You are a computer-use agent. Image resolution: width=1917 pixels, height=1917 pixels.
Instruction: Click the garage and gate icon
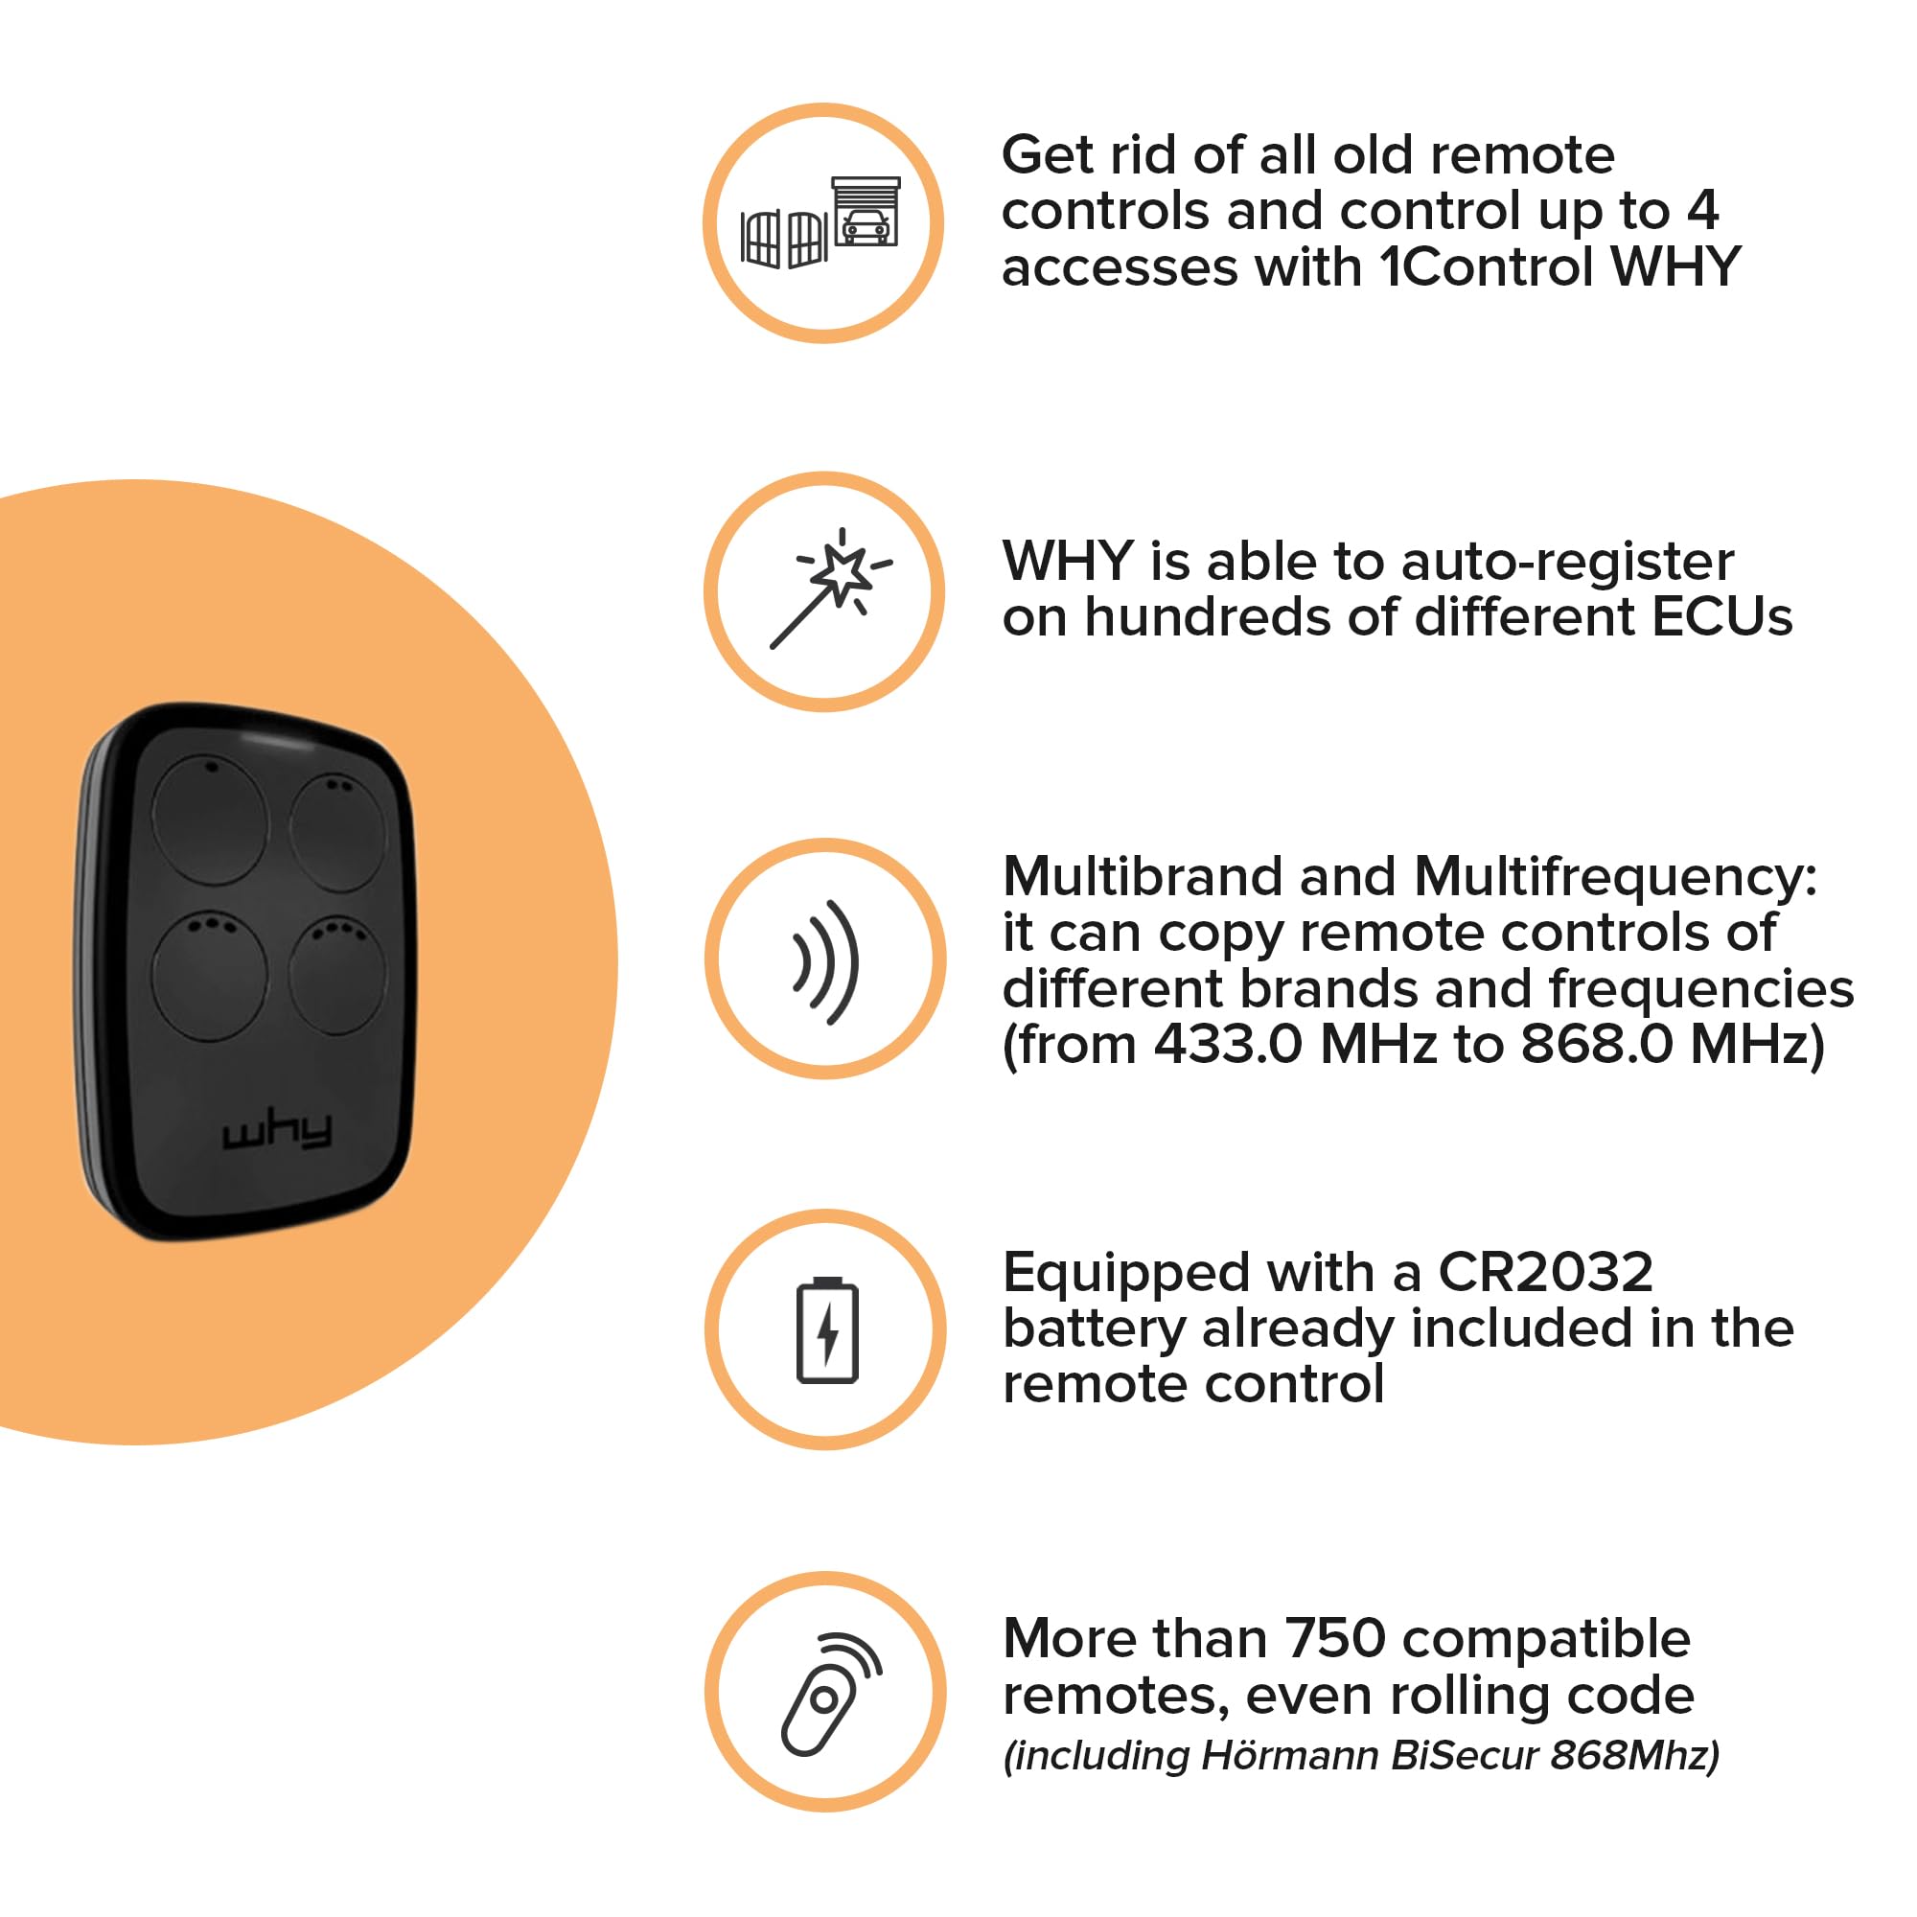pyautogui.click(x=820, y=223)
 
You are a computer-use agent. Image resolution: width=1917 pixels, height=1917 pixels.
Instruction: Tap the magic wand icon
pyautogui.click(x=830, y=589)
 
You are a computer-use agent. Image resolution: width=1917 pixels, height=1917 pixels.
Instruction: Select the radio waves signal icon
pyautogui.click(x=825, y=961)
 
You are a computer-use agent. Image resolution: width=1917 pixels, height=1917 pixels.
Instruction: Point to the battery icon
pyautogui.click(x=827, y=1329)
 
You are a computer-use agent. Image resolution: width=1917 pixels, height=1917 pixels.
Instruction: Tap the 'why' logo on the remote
pyautogui.click(x=277, y=1132)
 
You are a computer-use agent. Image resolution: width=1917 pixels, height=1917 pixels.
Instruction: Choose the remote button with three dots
pyautogui.click(x=209, y=976)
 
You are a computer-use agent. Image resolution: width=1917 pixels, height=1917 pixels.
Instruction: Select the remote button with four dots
pyautogui.click(x=337, y=976)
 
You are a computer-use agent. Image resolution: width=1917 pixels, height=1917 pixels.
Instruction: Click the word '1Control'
pyautogui.click(x=1488, y=266)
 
